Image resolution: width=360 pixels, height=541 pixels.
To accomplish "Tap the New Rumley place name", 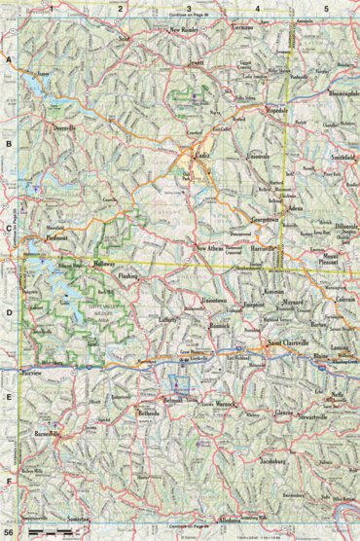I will click(190, 31).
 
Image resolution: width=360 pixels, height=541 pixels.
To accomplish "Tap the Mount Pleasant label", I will click(338, 260).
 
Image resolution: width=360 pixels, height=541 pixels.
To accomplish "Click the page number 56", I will click(9, 533).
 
